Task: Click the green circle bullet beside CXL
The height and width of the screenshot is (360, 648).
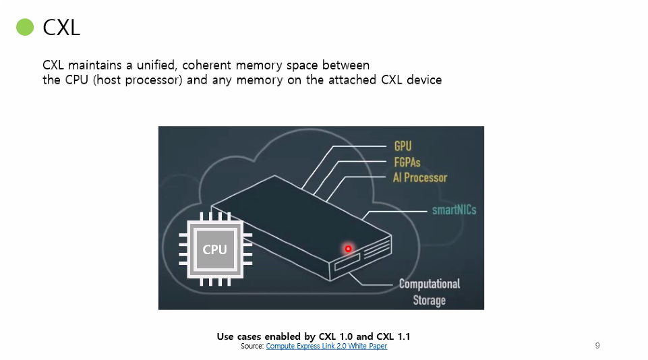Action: (25, 28)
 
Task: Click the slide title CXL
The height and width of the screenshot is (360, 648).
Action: (61, 28)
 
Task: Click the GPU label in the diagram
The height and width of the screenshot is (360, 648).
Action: (403, 146)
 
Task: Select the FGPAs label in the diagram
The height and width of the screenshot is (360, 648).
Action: (407, 162)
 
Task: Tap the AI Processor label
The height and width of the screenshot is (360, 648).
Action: (420, 178)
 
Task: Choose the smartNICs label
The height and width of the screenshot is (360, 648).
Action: (454, 210)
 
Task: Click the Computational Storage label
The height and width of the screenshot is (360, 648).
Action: (429, 292)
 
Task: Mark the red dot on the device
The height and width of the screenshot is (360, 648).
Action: (349, 249)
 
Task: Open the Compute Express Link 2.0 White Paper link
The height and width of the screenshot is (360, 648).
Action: (326, 347)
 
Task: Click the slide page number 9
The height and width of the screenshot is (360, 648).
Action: (597, 346)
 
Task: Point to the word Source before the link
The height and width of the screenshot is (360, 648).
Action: (252, 347)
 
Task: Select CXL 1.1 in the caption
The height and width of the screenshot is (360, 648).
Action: (393, 336)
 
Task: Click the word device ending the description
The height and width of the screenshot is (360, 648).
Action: (424, 80)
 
